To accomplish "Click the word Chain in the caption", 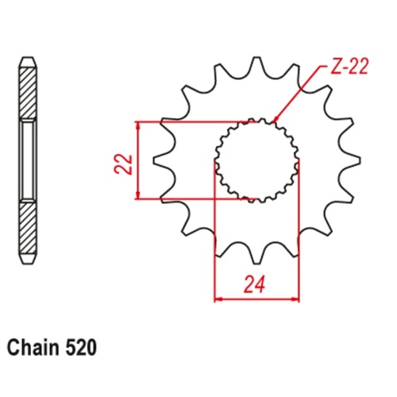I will [36, 347].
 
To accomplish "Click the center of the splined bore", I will [256, 160].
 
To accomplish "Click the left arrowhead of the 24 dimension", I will [218, 299].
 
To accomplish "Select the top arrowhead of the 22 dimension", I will [139, 125].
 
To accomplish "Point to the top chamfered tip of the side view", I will [27, 60].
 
